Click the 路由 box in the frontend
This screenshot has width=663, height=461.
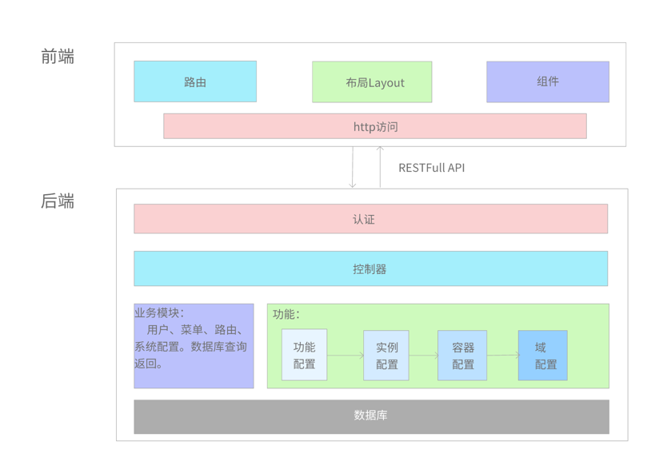click(195, 81)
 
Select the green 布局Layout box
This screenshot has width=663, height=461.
click(372, 81)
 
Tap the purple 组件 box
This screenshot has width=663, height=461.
click(548, 81)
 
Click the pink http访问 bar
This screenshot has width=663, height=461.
click(374, 126)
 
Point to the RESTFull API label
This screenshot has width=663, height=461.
click(431, 168)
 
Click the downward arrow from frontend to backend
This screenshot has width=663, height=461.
click(353, 167)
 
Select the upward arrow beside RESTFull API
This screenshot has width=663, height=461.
click(380, 167)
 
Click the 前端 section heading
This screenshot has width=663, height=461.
click(58, 57)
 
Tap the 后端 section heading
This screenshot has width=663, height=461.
click(58, 201)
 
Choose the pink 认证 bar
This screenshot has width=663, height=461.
click(370, 219)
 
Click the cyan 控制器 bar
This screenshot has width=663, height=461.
click(370, 269)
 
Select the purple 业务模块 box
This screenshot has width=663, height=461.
click(194, 346)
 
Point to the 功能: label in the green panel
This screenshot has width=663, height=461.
click(286, 314)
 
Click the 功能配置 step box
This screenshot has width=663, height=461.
click(304, 355)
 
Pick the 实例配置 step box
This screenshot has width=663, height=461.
click(386, 355)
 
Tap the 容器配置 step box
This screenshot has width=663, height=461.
click(462, 355)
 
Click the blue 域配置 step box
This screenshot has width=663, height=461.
click(543, 355)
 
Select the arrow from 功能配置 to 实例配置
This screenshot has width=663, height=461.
click(345, 356)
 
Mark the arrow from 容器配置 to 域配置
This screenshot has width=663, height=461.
click(503, 356)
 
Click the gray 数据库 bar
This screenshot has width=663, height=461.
click(371, 415)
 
